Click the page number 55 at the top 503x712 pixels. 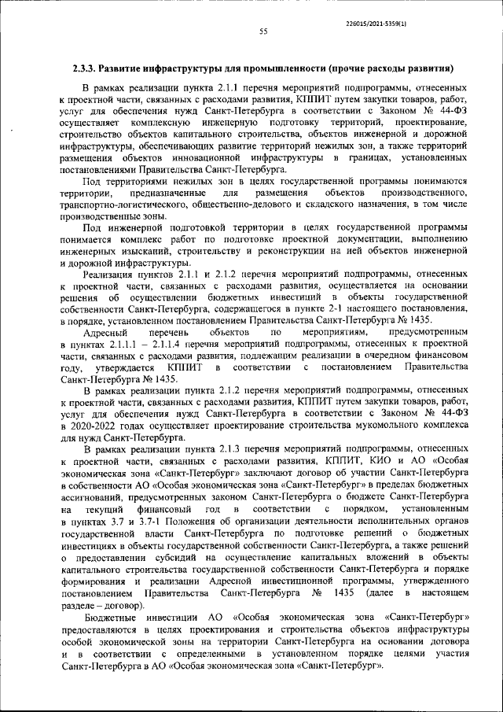[263, 31]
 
